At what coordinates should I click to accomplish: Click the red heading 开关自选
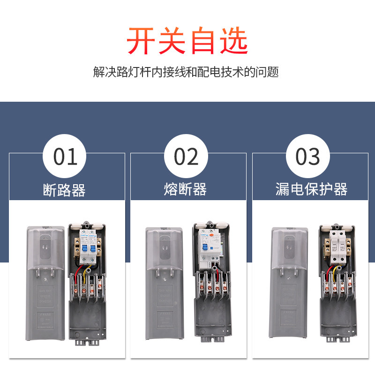(x=187, y=41)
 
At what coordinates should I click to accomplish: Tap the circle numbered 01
(x=65, y=156)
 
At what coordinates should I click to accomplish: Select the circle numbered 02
(x=186, y=156)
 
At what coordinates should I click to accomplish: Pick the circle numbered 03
(x=307, y=156)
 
